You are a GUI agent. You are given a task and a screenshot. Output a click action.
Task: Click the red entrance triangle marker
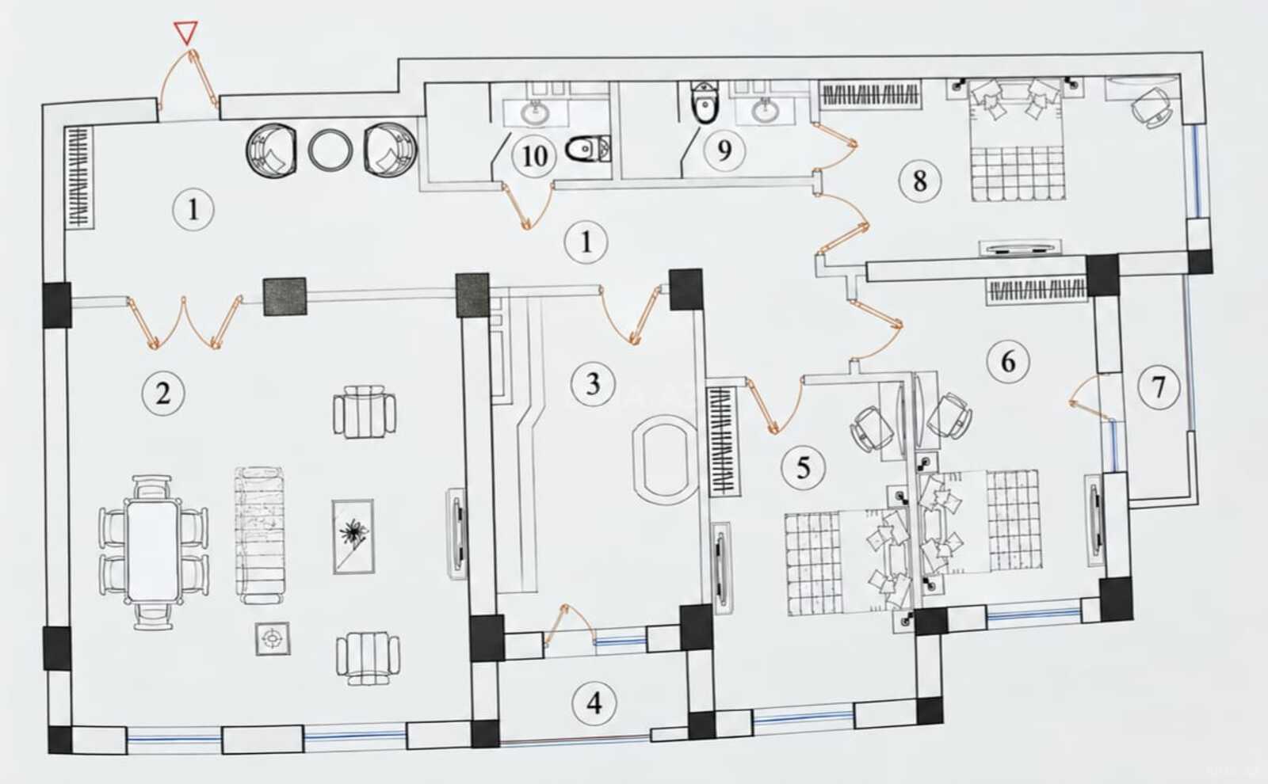pyautogui.click(x=185, y=32)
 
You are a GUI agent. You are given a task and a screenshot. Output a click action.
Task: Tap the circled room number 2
pyautogui.click(x=163, y=394)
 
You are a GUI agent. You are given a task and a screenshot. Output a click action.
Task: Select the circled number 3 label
pyautogui.click(x=593, y=384)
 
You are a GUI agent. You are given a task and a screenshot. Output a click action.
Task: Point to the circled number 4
pyautogui.click(x=594, y=704)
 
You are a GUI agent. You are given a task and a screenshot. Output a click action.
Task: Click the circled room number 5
pyautogui.click(x=804, y=468)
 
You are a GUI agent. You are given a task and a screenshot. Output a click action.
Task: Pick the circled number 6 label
pyautogui.click(x=1008, y=361)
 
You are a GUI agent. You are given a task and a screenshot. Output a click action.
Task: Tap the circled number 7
pyautogui.click(x=1159, y=387)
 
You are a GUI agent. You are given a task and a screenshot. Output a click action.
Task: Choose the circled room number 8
pyautogui.click(x=920, y=181)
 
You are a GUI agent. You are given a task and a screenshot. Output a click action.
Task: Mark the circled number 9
pyautogui.click(x=724, y=150)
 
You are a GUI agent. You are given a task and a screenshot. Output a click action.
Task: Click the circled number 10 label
pyautogui.click(x=534, y=156)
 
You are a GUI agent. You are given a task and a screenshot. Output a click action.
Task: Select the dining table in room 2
pyautogui.click(x=153, y=551)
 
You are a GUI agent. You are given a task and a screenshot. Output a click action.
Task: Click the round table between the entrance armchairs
pyautogui.click(x=330, y=150)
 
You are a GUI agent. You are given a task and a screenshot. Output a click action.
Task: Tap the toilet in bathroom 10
pyautogui.click(x=588, y=149)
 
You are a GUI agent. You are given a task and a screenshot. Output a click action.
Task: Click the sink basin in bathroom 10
pyautogui.click(x=534, y=112)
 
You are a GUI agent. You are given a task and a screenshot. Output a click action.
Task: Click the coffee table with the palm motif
pyautogui.click(x=353, y=537)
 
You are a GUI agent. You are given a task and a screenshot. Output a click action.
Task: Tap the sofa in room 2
pyautogui.click(x=260, y=535)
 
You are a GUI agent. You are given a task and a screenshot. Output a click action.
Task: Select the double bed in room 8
pyautogui.click(x=1018, y=139)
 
